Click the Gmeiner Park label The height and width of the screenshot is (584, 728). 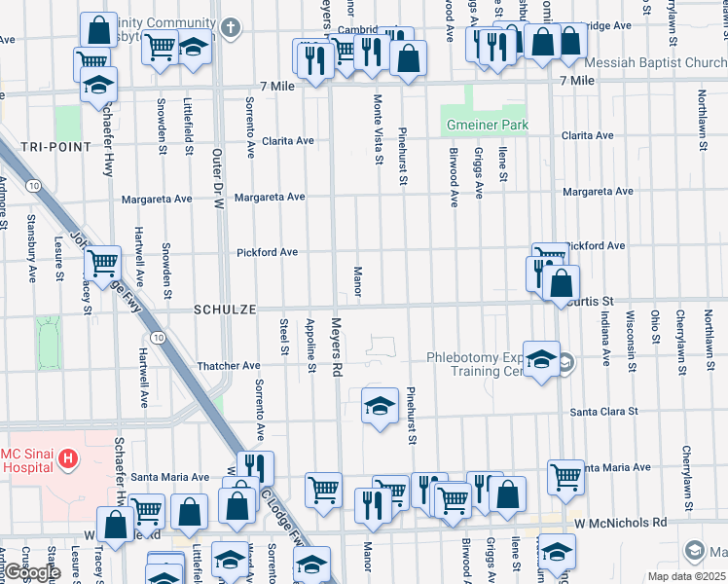click(487, 126)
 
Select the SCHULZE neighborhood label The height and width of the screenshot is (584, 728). click(225, 309)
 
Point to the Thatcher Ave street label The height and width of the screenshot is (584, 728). click(229, 365)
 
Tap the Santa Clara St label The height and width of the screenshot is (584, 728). click(603, 411)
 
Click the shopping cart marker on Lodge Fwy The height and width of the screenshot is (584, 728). click(102, 262)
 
